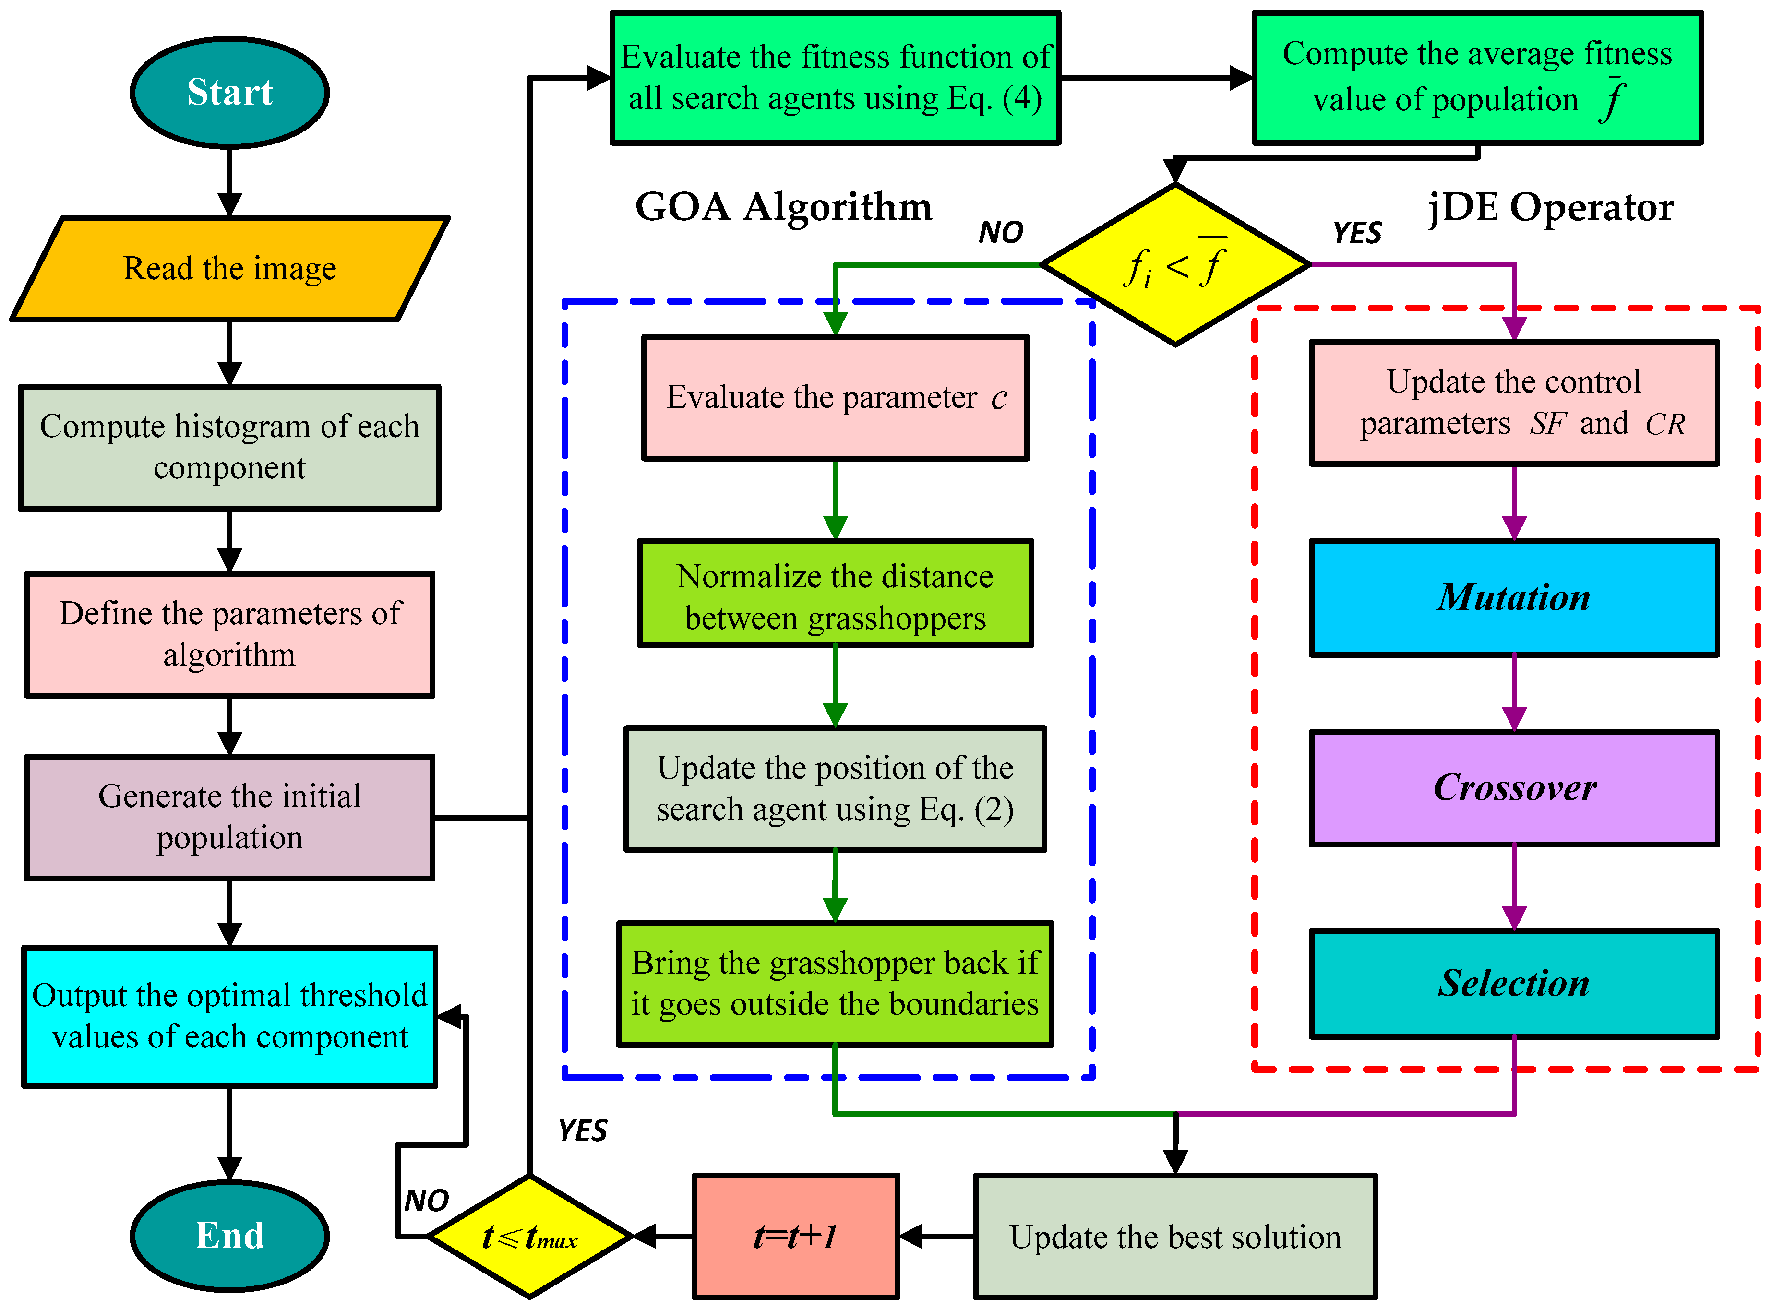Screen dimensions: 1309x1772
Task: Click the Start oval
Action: tap(230, 92)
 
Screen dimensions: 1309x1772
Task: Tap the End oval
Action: tap(230, 1235)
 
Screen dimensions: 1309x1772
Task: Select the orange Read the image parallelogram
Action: tap(230, 269)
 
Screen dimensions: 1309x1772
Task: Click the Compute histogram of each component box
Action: tap(230, 447)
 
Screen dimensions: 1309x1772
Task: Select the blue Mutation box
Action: tap(1514, 597)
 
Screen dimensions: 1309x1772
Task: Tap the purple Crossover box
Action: tap(1514, 787)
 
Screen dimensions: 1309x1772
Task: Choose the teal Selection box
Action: tap(1514, 983)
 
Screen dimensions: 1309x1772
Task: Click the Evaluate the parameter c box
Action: tap(835, 397)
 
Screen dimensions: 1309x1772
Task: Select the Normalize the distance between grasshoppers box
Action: tap(835, 594)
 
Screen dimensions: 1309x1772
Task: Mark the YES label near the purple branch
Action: tap(1357, 233)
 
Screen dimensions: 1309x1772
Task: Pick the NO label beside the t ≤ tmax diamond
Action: tap(426, 1201)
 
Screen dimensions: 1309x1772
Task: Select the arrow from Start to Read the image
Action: tap(230, 182)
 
